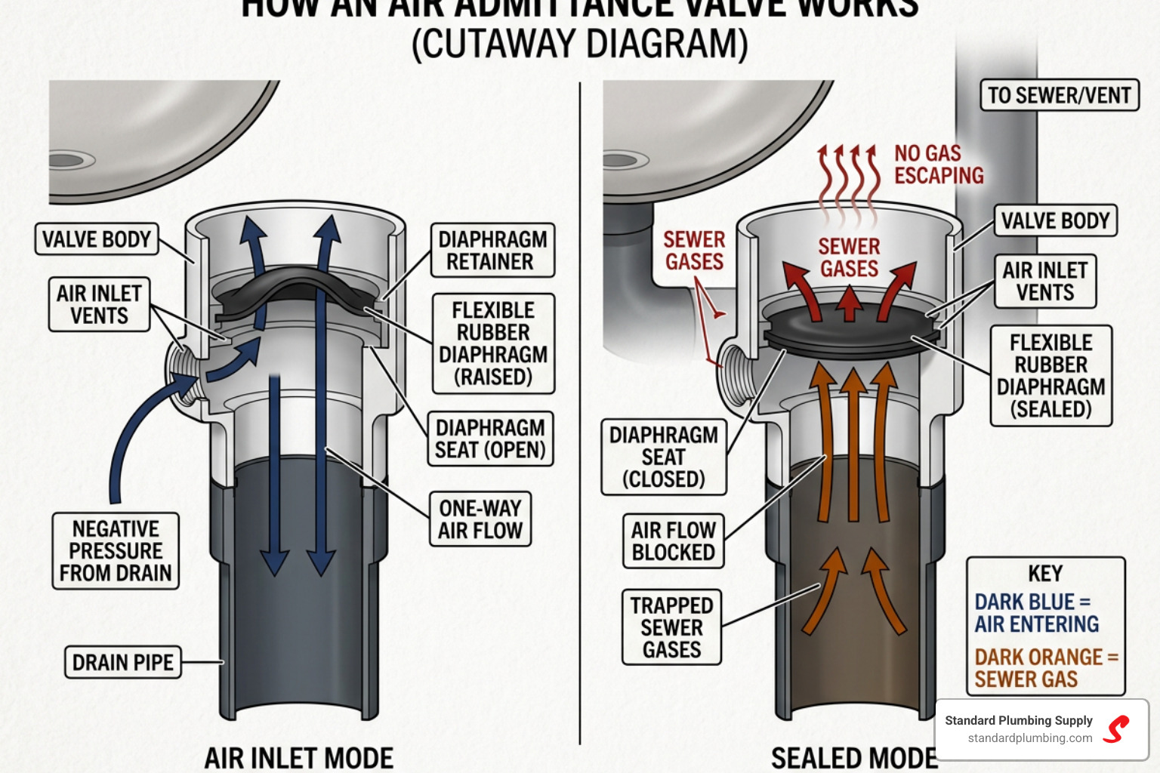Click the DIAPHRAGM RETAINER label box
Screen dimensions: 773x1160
[492, 251]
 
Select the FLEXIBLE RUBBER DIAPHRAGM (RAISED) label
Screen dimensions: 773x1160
[493, 343]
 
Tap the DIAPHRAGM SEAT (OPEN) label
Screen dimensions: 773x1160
[490, 439]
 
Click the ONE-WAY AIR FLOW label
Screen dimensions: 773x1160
[480, 519]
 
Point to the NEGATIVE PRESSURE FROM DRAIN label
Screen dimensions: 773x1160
[116, 551]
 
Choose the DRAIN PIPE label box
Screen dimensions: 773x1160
[123, 662]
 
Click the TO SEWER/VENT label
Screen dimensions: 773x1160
[1059, 96]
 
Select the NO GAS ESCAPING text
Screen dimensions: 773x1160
[938, 165]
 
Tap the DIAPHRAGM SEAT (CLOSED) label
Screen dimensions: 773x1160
[663, 457]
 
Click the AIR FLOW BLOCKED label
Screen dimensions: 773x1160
[673, 541]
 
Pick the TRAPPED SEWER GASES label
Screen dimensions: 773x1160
[671, 627]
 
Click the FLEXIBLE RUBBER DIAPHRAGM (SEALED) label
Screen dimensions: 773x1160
[1050, 376]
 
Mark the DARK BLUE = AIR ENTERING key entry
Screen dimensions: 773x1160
[1036, 613]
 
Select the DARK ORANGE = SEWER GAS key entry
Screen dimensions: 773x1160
[1045, 668]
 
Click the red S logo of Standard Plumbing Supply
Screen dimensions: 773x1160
[1116, 729]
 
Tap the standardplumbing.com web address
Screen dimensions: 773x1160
[1029, 738]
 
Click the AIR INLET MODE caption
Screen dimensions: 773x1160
[299, 758]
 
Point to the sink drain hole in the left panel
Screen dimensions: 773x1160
[68, 160]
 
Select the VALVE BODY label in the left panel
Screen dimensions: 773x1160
[97, 239]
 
